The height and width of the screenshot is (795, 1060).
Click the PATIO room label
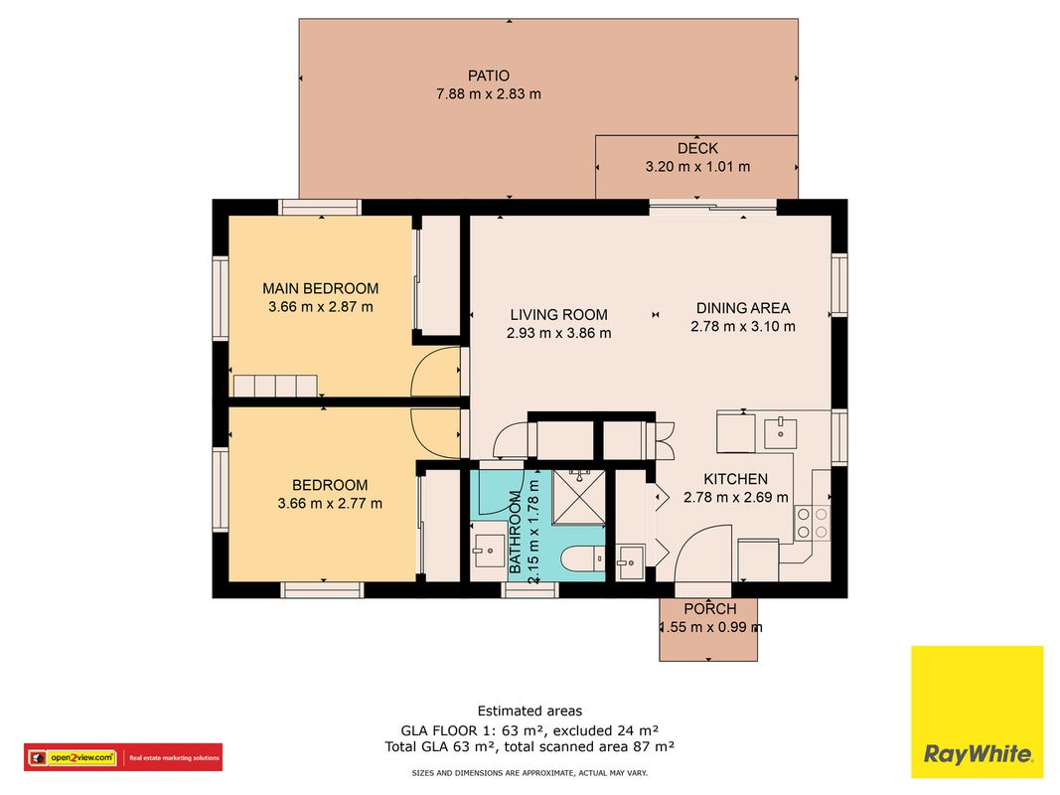[488, 76]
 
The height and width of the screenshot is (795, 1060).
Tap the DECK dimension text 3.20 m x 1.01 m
[697, 166]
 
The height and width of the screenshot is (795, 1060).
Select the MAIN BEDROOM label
[321, 288]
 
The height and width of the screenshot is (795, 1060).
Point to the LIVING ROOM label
[558, 314]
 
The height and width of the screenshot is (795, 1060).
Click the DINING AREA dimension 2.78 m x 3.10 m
[743, 326]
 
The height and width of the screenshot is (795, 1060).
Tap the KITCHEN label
[735, 479]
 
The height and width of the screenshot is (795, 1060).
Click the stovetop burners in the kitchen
[812, 524]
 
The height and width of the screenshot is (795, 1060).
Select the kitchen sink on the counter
[780, 433]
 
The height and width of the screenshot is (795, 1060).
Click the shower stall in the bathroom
[578, 497]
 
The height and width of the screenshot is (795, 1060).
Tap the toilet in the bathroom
[583, 559]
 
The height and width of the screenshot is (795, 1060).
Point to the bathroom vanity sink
[488, 552]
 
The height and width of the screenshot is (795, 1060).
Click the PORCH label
[710, 608]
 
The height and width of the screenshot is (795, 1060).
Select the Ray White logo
[977, 712]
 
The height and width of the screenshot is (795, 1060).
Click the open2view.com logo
[123, 757]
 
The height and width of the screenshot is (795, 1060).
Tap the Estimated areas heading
[530, 711]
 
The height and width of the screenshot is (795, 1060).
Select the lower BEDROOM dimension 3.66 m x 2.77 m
[330, 503]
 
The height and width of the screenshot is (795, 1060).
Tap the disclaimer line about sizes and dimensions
[530, 773]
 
